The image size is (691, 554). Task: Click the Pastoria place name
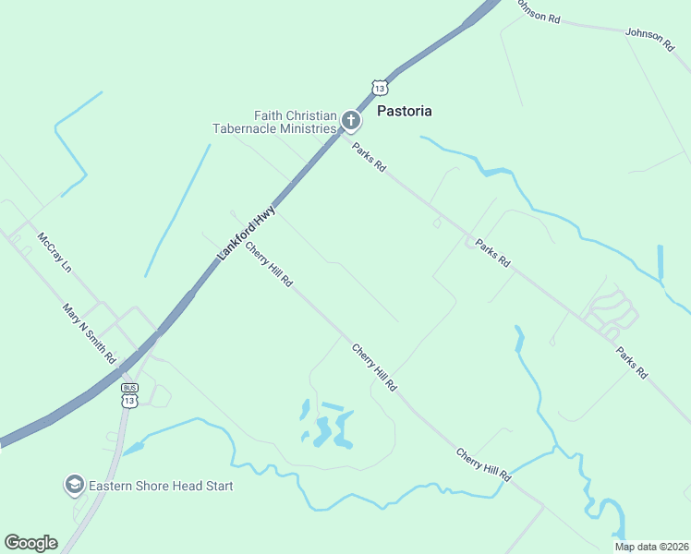pyautogui.click(x=405, y=111)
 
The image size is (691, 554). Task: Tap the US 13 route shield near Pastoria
pyautogui.click(x=380, y=88)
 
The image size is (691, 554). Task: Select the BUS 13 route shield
pyautogui.click(x=129, y=396)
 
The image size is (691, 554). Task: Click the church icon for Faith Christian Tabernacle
pyautogui.click(x=350, y=120)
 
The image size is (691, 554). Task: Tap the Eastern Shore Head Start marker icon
pyautogui.click(x=73, y=485)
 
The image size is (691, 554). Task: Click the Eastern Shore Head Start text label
pyautogui.click(x=160, y=486)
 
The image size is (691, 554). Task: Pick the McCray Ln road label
pyautogui.click(x=55, y=254)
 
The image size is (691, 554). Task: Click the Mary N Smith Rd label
pyautogui.click(x=89, y=332)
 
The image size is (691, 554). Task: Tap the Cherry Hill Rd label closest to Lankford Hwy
pyautogui.click(x=269, y=264)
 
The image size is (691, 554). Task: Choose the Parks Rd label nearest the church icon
pyautogui.click(x=368, y=154)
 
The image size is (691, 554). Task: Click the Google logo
pyautogui.click(x=30, y=542)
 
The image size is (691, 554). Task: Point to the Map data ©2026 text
pyautogui.click(x=650, y=547)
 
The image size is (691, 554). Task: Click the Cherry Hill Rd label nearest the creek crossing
pyautogui.click(x=483, y=465)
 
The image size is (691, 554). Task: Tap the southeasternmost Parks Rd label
pyautogui.click(x=632, y=362)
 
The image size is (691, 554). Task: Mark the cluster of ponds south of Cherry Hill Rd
pyautogui.click(x=326, y=427)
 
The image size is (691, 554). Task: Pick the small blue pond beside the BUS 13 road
pyautogui.click(x=133, y=449)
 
